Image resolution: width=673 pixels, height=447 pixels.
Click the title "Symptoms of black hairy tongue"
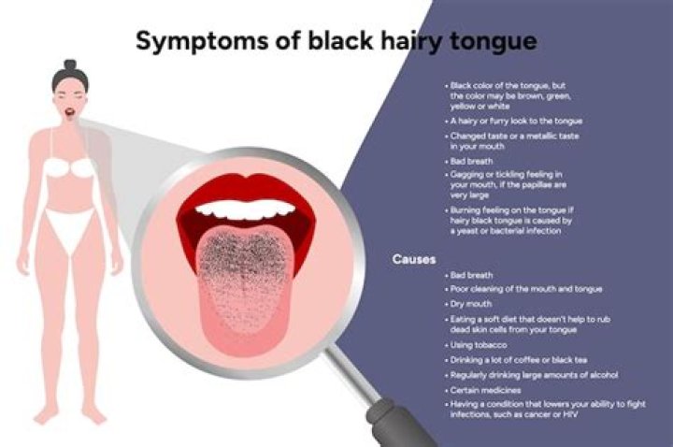point(336,41)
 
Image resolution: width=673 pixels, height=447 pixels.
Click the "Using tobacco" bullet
point(479,345)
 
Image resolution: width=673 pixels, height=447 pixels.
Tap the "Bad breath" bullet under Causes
point(474,275)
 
